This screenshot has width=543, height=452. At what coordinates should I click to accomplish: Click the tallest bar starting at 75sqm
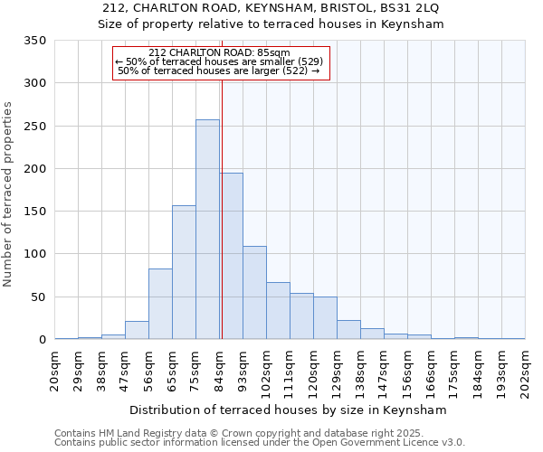(207, 230)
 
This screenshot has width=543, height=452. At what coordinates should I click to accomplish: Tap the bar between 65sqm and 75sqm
(184, 272)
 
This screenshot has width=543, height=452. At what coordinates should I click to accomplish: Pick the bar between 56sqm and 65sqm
(160, 304)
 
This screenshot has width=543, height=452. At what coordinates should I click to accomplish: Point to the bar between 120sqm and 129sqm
(325, 318)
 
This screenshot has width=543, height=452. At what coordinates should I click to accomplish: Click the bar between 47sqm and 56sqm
(137, 330)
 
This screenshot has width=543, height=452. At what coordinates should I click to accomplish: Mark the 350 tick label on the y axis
(34, 41)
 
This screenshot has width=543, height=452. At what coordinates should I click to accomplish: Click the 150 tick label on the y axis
(34, 212)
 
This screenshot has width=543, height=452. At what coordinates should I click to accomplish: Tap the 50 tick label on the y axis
(38, 297)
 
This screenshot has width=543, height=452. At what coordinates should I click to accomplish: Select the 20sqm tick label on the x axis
(55, 370)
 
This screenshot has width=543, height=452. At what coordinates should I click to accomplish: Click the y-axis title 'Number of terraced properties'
(8, 193)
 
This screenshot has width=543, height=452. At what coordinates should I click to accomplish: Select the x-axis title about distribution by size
(290, 410)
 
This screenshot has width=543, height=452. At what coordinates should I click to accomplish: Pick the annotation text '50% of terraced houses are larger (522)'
(218, 71)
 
